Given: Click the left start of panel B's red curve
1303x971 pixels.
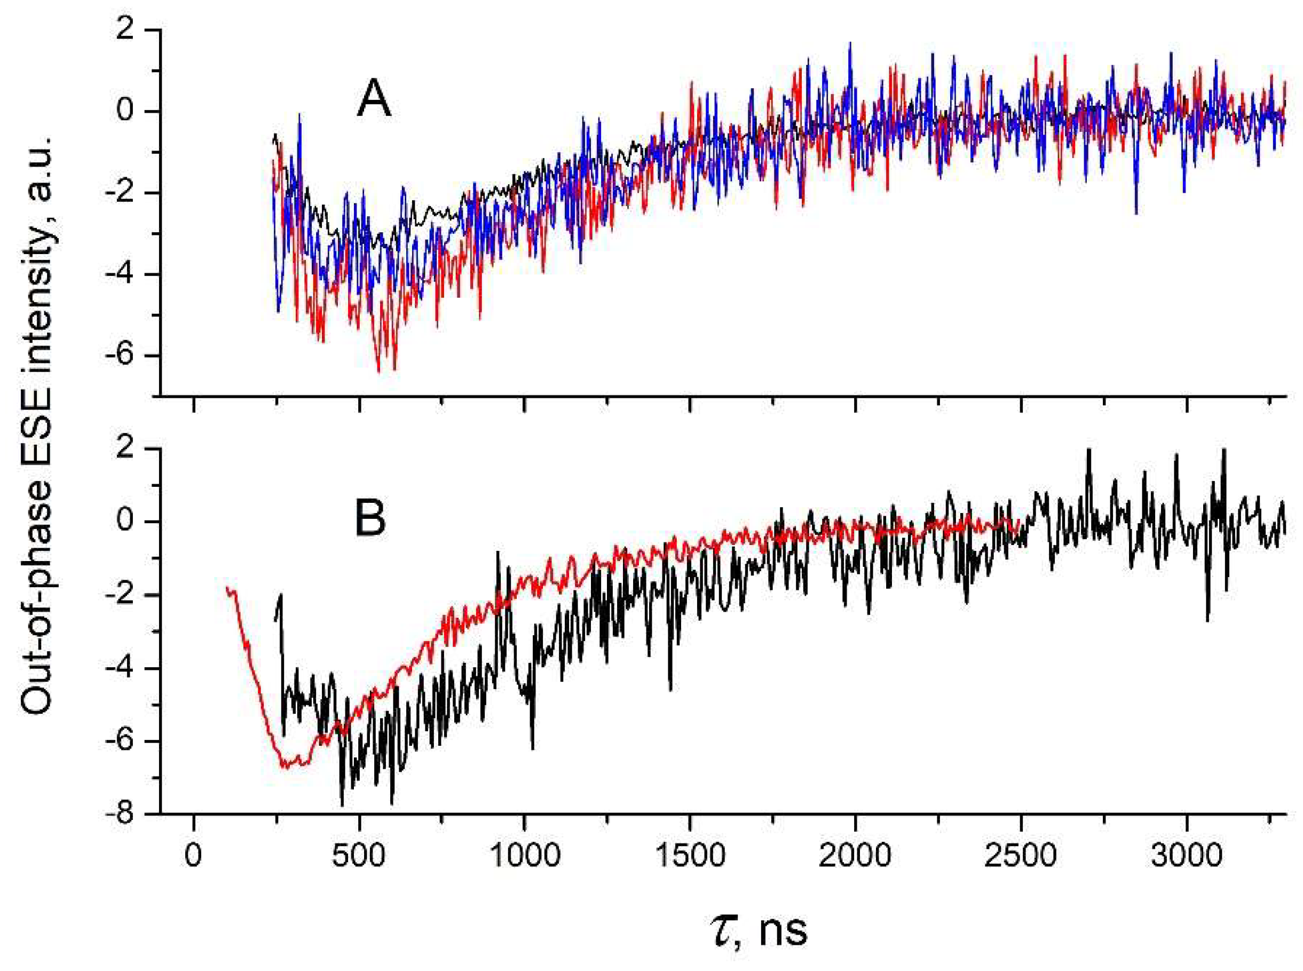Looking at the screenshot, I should coord(227,587).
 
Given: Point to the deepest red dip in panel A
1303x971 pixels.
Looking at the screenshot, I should coord(378,372).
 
